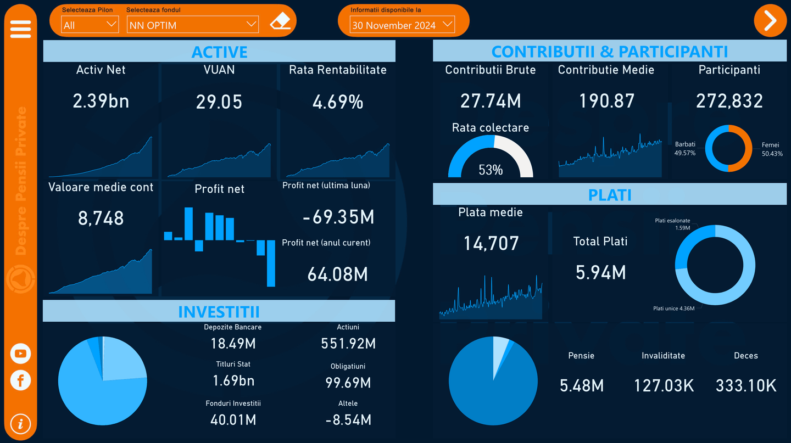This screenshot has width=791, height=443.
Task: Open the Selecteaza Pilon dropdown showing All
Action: (90, 25)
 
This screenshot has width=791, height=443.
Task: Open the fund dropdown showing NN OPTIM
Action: (192, 25)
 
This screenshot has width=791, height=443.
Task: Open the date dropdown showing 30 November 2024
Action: (402, 25)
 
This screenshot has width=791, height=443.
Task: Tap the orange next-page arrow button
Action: (770, 21)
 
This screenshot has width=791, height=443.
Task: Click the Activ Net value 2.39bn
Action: (101, 102)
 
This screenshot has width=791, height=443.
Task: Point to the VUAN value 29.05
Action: (219, 102)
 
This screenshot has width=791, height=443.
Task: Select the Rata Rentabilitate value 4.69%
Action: (337, 102)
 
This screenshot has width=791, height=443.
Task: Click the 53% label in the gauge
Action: (491, 170)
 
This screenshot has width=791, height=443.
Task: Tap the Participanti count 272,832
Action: (729, 101)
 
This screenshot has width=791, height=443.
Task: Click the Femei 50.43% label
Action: (772, 149)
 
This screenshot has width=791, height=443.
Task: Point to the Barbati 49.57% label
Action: (685, 149)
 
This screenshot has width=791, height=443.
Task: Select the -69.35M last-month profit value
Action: (338, 217)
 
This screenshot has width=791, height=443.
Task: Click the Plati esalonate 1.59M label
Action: (673, 224)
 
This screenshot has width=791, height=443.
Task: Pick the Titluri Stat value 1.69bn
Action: (233, 380)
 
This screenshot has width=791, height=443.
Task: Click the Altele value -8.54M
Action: (348, 420)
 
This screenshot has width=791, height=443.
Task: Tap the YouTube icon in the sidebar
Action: (20, 354)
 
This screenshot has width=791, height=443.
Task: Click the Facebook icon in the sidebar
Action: (20, 380)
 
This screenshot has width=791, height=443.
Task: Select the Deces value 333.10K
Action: (746, 386)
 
